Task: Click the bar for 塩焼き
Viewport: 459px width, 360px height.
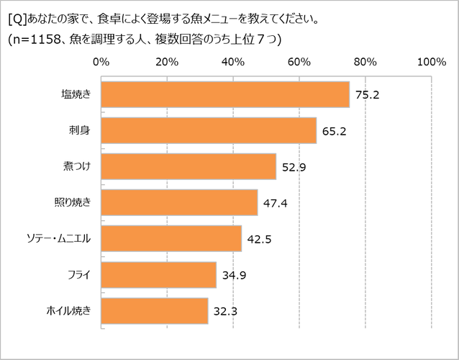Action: click(x=225, y=94)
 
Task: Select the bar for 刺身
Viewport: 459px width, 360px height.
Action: click(x=209, y=130)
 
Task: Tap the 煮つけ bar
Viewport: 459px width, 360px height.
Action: click(x=188, y=166)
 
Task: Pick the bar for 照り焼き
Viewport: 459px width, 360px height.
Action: click(x=179, y=202)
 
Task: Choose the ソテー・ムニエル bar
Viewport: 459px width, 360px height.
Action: click(x=171, y=238)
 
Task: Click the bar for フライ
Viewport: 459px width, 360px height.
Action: click(x=159, y=274)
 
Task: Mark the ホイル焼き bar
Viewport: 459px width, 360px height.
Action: click(x=155, y=310)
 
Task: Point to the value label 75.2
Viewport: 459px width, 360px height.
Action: click(x=366, y=94)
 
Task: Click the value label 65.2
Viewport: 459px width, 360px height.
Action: click(x=334, y=130)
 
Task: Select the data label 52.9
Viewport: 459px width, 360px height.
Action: click(x=293, y=166)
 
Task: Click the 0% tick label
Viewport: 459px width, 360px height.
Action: click(x=101, y=62)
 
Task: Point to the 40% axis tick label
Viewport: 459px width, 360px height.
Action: click(x=233, y=62)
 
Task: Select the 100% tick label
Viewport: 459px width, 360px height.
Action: click(x=430, y=62)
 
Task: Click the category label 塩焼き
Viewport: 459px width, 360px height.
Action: click(x=76, y=94)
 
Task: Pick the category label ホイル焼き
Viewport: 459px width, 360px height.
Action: click(x=68, y=310)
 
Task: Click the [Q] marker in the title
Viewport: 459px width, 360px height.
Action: click(x=17, y=17)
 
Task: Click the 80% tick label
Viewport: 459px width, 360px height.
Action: click(x=365, y=62)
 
